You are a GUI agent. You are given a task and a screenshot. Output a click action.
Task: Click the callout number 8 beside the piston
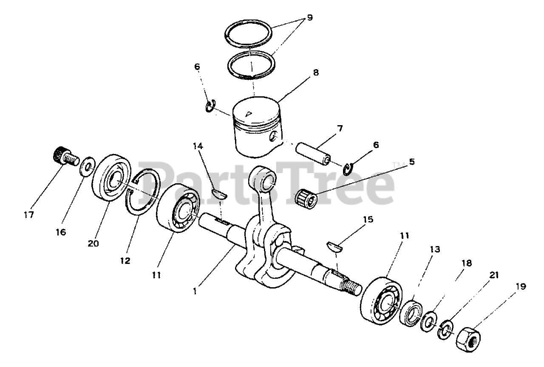pos(316,73)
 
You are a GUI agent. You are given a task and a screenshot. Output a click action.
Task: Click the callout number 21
pos(494,275)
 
